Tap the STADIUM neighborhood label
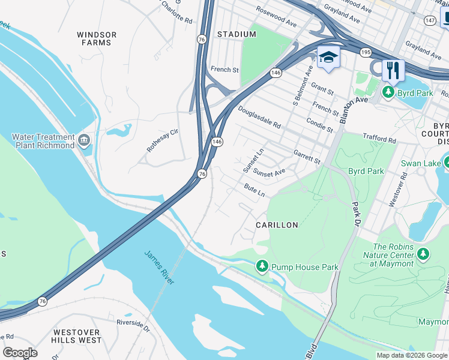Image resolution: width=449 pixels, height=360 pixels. pyautogui.click(x=237, y=34)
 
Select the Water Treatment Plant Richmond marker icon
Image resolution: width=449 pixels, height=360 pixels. pyautogui.click(x=84, y=142)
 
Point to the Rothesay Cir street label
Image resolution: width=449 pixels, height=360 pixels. pyautogui.click(x=163, y=140)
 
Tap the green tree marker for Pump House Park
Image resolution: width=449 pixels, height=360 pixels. pyautogui.click(x=262, y=266)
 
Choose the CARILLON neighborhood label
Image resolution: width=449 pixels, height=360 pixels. pyautogui.click(x=277, y=225)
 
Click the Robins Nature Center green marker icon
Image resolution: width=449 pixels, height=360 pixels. pyautogui.click(x=424, y=254)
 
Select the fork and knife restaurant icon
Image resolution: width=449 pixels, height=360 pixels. pyautogui.click(x=393, y=70)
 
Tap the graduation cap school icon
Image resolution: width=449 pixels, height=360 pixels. pyautogui.click(x=328, y=57)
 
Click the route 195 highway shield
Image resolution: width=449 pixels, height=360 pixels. pyautogui.click(x=366, y=53)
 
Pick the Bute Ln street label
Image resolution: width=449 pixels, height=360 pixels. pyautogui.click(x=255, y=191)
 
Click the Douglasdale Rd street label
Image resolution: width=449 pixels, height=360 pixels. pyautogui.click(x=259, y=118)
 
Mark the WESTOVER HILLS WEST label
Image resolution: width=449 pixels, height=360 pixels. pyautogui.click(x=77, y=336)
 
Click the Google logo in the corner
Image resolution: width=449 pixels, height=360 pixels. pyautogui.click(x=20, y=352)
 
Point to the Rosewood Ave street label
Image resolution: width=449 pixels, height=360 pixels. pyautogui.click(x=276, y=18)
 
